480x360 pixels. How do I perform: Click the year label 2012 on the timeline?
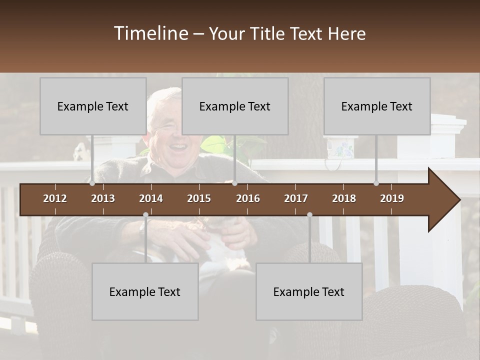point(55,198)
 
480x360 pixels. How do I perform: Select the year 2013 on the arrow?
point(103,198)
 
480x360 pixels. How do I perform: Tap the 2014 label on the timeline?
point(151,198)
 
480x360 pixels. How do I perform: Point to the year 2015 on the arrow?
point(199,198)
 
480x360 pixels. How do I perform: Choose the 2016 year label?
point(248,198)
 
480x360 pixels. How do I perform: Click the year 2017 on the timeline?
point(296,198)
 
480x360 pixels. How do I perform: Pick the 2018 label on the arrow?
point(344,198)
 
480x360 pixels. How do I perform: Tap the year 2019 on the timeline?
point(392,198)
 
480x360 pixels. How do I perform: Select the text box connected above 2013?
point(93,106)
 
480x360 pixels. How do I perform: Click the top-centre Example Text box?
point(235,106)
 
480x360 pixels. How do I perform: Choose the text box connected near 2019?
point(377,106)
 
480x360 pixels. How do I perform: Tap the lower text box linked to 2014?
point(145,291)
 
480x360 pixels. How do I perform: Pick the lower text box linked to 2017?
point(309,291)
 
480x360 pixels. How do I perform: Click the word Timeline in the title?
point(150,33)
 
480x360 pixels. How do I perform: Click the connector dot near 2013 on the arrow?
point(92,183)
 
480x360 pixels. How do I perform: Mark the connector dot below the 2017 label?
point(309,215)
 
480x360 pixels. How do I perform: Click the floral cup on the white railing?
point(340,148)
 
